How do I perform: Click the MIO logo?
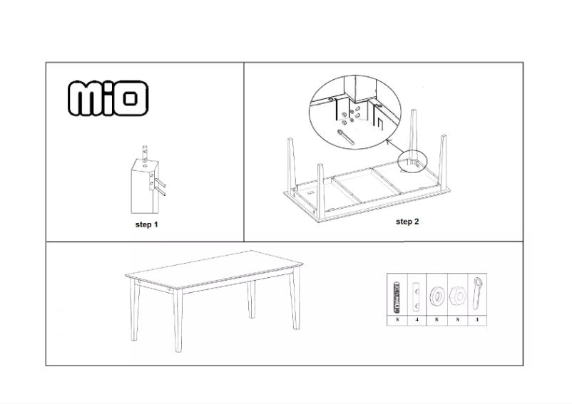pyautogui.click(x=108, y=98)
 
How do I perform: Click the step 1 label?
pyautogui.click(x=147, y=224)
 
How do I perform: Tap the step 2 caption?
pyautogui.click(x=407, y=222)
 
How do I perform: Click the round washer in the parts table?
pyautogui.click(x=436, y=294)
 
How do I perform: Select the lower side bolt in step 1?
pyautogui.click(x=160, y=192)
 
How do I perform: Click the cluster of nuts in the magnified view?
pyautogui.click(x=349, y=113)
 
